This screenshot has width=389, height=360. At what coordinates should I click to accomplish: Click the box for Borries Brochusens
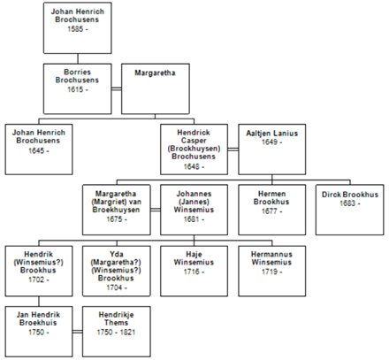[x=78, y=88]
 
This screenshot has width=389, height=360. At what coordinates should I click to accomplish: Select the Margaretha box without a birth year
[x=156, y=88]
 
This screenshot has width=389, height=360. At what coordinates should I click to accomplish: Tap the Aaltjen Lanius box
[x=272, y=149]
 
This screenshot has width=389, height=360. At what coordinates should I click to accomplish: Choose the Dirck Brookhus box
[x=350, y=210]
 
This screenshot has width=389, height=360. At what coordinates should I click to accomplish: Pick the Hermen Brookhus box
[x=272, y=210]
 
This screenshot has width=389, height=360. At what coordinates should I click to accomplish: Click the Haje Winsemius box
[x=194, y=271]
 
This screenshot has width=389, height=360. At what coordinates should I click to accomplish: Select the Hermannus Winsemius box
[x=272, y=271]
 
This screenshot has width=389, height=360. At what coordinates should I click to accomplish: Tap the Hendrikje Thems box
[x=117, y=332]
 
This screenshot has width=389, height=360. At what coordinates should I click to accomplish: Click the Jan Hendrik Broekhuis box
[x=39, y=332]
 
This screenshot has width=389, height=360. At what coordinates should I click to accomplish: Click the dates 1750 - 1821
[x=116, y=333]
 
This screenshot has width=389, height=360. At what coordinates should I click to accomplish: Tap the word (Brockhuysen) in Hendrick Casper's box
[x=194, y=149]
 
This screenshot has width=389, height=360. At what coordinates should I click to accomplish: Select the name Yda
[x=117, y=254]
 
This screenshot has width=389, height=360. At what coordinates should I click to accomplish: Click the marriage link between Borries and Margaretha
[x=117, y=88]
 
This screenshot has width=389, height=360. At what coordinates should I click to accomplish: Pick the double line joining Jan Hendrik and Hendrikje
[x=78, y=332]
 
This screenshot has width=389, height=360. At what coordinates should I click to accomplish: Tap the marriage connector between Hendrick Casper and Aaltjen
[x=233, y=149]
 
